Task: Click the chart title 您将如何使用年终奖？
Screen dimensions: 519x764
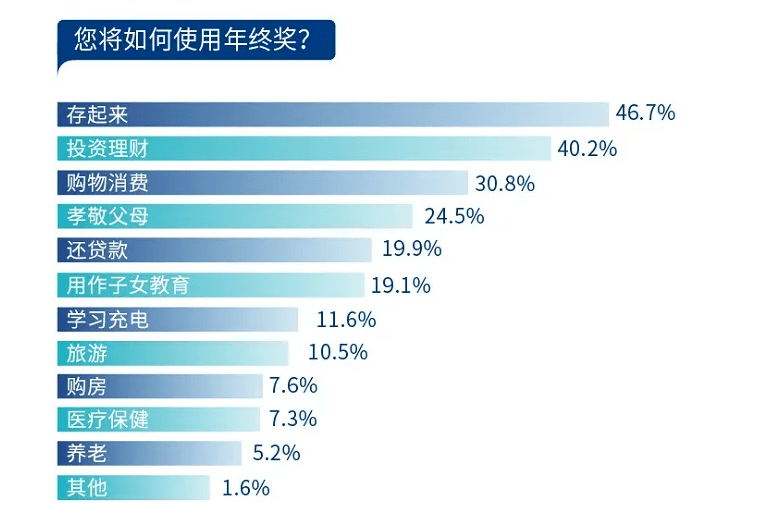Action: (191, 41)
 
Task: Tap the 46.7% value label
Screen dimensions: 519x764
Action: (645, 113)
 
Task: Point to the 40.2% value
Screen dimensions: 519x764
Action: (587, 149)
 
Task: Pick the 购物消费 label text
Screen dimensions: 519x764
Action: (107, 183)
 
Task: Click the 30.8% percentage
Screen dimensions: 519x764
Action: (505, 183)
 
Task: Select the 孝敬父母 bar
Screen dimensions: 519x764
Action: (234, 217)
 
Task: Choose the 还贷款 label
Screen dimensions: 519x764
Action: (97, 251)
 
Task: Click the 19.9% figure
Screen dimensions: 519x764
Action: (411, 250)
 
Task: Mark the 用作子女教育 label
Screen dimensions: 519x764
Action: (128, 285)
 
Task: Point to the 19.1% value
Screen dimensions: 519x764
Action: (400, 285)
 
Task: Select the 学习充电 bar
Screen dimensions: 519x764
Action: (177, 320)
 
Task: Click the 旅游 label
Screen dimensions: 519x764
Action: (87, 353)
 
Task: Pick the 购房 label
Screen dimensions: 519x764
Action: (87, 387)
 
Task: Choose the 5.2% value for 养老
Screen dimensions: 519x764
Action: (276, 454)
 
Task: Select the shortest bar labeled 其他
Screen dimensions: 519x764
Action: (133, 489)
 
